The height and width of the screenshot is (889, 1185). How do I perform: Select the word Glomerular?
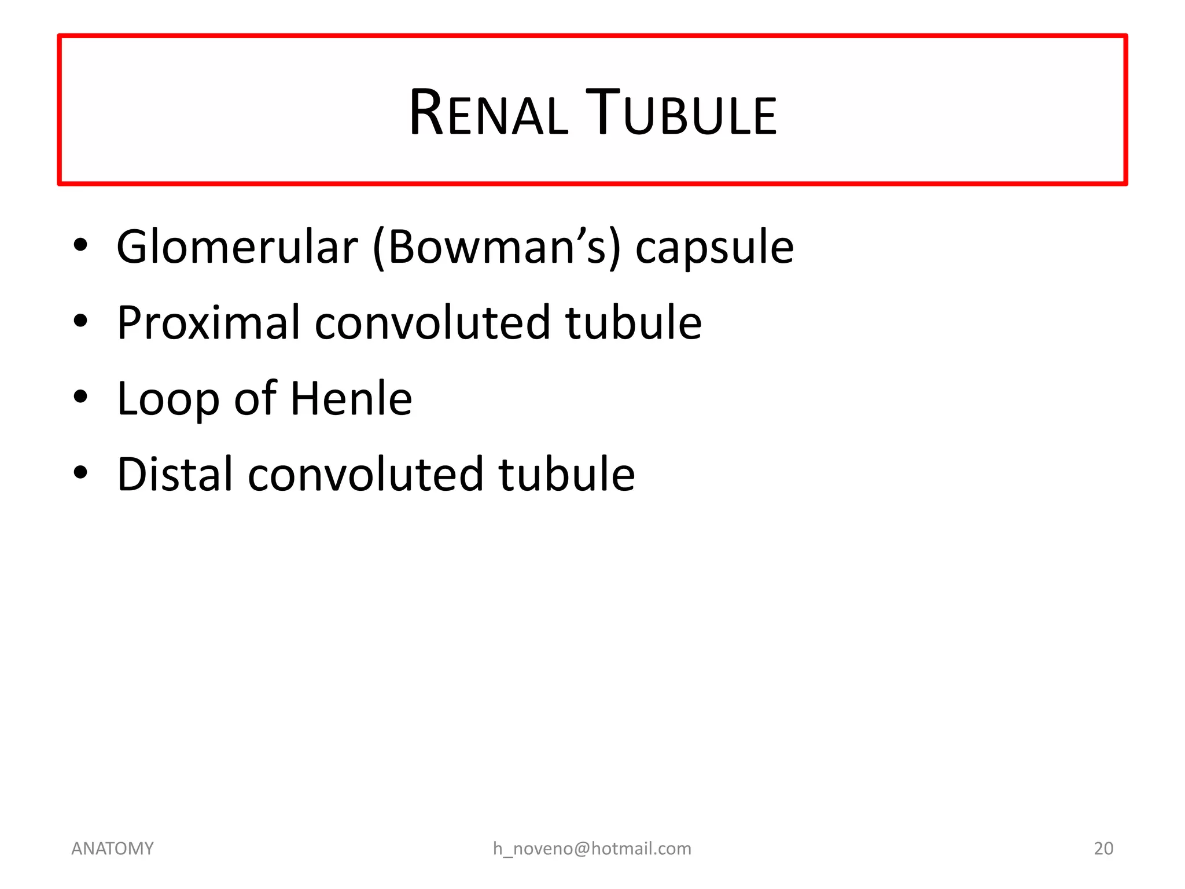coord(237,247)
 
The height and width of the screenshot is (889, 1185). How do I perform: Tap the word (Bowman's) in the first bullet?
coord(496,248)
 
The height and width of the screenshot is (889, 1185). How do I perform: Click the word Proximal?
coord(208,322)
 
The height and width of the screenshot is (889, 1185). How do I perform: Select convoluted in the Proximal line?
coord(432,322)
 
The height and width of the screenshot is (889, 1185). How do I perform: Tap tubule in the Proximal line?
coord(633,322)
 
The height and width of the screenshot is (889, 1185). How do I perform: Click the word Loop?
coord(168,400)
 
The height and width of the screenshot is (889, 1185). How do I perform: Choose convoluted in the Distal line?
coord(365,474)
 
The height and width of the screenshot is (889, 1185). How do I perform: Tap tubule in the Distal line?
coord(566,474)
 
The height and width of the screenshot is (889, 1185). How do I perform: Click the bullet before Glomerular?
coord(80,245)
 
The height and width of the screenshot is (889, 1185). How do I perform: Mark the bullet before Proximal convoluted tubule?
coord(80,321)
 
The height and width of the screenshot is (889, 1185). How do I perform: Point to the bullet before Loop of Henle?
coord(80,397)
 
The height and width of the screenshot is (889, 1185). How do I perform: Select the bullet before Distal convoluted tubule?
coord(80,473)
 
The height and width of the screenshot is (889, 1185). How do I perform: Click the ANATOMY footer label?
coord(112,848)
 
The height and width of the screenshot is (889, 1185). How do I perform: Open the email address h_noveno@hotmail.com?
coord(592,848)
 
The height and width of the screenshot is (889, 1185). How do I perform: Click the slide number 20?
coord(1103,848)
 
